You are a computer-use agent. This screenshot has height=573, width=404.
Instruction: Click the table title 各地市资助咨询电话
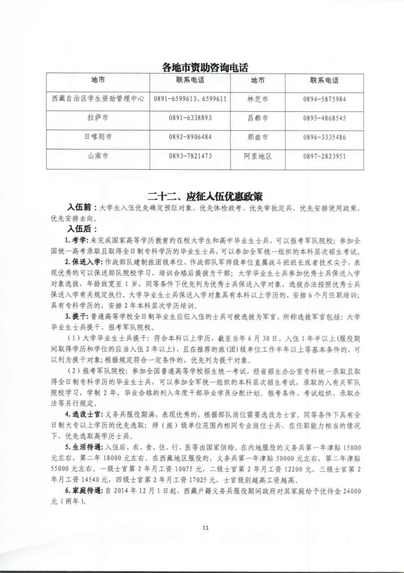205,67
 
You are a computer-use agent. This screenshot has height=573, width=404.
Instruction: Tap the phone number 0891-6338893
190,118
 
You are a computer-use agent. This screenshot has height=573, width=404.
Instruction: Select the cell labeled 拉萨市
98,118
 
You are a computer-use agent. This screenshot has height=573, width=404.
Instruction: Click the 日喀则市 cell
98,137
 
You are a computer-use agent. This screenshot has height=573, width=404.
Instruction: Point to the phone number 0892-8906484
190,137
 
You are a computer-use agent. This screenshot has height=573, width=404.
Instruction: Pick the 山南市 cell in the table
98,156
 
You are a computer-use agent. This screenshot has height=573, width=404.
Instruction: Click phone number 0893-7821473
190,156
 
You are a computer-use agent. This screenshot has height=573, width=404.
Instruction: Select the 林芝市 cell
258,99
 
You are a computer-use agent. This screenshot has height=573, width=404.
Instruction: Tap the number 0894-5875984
324,99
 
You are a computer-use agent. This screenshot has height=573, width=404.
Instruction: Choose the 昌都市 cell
258,118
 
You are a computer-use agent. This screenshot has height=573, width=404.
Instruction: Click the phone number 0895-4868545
324,118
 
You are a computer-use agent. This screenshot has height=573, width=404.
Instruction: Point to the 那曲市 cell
258,137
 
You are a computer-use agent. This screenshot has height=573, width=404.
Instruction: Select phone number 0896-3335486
324,137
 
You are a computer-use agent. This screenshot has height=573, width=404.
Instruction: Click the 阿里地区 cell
258,156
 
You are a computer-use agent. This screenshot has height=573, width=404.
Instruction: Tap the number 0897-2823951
324,156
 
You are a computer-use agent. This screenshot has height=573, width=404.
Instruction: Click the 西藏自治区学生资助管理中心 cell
98,99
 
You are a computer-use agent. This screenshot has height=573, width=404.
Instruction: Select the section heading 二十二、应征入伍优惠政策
205,196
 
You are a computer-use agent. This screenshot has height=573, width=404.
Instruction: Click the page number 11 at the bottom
205,527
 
